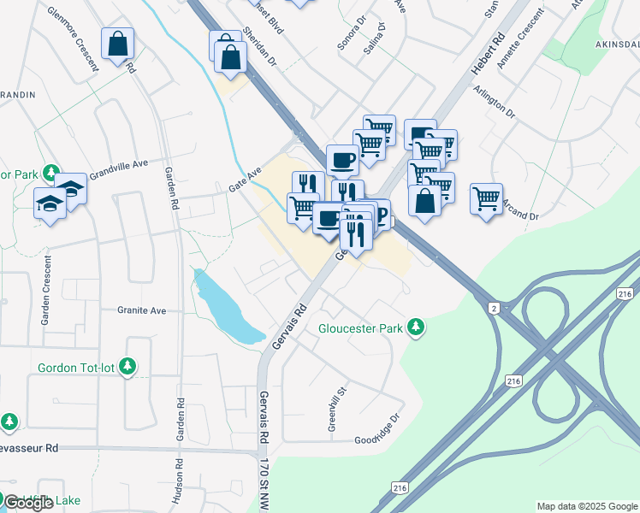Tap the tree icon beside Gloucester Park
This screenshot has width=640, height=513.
[x=416, y=327]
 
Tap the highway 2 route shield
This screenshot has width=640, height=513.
[x=494, y=307]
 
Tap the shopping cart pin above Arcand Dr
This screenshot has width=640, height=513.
[x=486, y=198]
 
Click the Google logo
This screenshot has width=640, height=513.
[x=28, y=503]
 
